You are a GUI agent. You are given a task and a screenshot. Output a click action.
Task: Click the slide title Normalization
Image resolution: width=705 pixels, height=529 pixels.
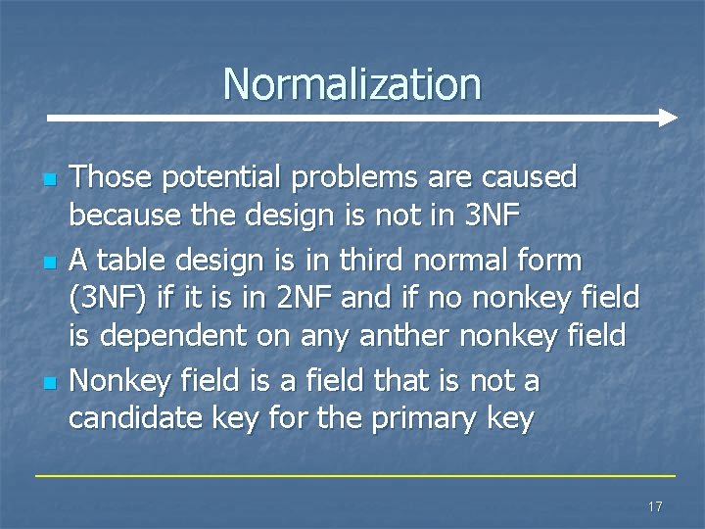click(352, 84)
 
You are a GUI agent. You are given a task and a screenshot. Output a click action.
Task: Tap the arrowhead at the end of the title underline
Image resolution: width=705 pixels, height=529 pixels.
click(668, 119)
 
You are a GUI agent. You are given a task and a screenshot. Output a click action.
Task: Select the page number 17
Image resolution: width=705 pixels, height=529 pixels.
click(655, 506)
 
